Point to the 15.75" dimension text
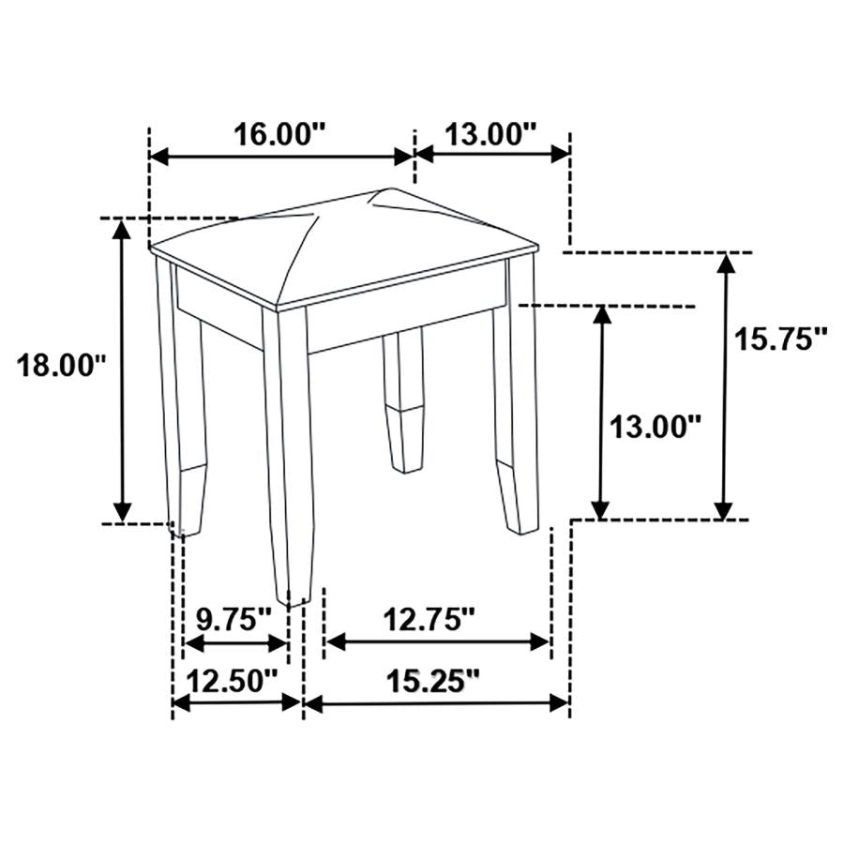click(x=780, y=339)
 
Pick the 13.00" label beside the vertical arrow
click(x=656, y=427)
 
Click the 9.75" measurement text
click(x=234, y=619)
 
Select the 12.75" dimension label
click(x=430, y=619)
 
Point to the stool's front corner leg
click(x=285, y=450)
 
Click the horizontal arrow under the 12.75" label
click(x=436, y=642)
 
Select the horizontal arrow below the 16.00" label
click(x=281, y=155)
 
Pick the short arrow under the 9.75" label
click(x=234, y=642)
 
